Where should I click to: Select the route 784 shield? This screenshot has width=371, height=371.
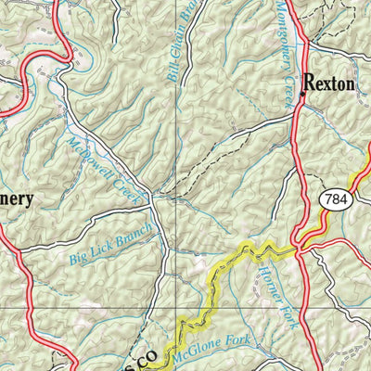337,199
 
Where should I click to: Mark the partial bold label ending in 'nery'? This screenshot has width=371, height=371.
17,198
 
